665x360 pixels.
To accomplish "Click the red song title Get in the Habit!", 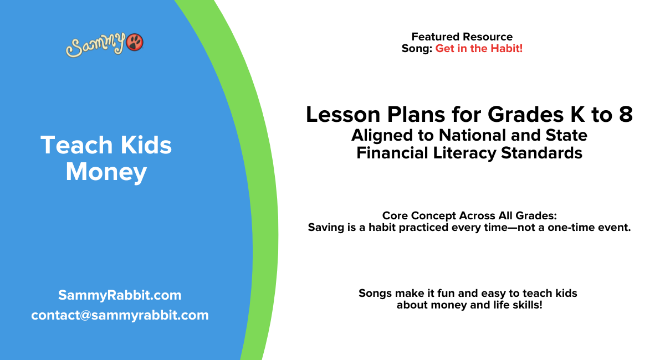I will pyautogui.click(x=479, y=49).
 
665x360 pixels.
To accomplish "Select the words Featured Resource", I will pyautogui.click(x=462, y=37).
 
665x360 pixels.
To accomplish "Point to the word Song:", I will pyautogui.click(x=417, y=49).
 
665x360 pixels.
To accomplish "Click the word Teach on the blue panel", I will pyautogui.click(x=71, y=146).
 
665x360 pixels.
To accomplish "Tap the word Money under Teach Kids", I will pyautogui.click(x=106, y=172).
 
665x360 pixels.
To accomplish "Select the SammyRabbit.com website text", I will pyautogui.click(x=120, y=295).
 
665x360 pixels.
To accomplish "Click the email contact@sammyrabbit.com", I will pyautogui.click(x=120, y=315).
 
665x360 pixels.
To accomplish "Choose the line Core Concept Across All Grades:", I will pyautogui.click(x=469, y=215).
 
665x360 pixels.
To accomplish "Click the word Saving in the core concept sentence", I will pyautogui.click(x=326, y=227).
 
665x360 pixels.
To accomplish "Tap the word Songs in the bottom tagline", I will pyautogui.click(x=375, y=293).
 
